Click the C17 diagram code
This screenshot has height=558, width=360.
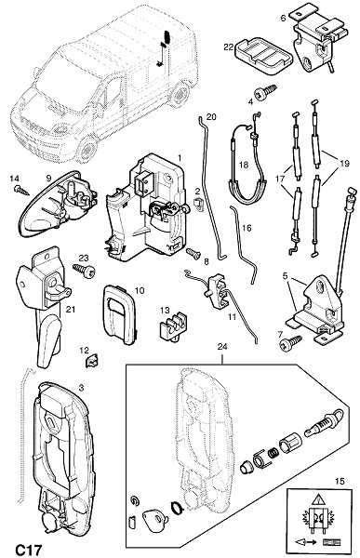point(29,550)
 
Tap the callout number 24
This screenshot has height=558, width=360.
point(222,347)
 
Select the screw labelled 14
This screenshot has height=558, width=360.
point(21,190)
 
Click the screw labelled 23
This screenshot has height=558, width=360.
point(84,270)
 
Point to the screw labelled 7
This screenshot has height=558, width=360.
point(290,343)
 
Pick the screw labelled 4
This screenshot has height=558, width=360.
point(266,92)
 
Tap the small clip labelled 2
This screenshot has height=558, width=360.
point(198,204)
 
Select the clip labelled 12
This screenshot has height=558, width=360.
point(92,362)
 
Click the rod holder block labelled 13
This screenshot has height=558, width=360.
point(172,326)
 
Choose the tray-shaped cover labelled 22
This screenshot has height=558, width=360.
point(263,56)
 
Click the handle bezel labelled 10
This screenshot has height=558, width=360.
point(119,314)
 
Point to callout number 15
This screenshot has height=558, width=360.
point(340,481)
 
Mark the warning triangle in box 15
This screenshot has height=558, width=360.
point(317,500)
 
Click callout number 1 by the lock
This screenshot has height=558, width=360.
point(180,157)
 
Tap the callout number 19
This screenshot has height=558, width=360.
point(344,164)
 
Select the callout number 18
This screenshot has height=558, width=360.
point(244,166)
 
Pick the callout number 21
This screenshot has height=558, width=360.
point(70,310)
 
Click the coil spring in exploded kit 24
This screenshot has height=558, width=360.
point(273,455)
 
